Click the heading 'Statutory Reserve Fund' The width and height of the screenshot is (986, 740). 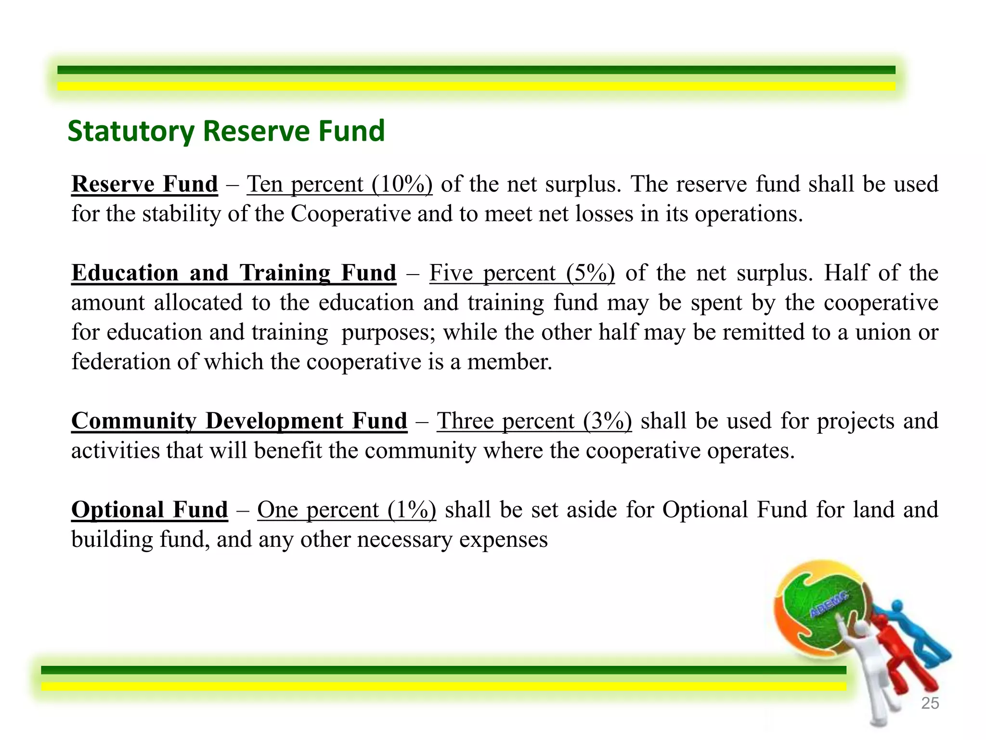pos(226,131)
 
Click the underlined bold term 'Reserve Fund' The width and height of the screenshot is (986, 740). pos(144,184)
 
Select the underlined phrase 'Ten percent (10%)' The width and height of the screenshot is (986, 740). pos(339,184)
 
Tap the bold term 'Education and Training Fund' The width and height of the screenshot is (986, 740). pos(234,273)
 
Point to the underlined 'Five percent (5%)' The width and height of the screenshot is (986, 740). pos(522,273)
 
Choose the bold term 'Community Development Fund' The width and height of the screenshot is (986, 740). pos(239,421)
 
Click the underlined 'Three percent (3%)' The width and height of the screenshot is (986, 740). pos(534,421)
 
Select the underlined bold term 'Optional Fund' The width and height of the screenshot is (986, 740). pos(149,510)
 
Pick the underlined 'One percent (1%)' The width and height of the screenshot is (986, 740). pos(347,510)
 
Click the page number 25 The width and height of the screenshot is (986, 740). pos(930,703)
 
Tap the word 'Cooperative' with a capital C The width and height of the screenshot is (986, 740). pos(350,214)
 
